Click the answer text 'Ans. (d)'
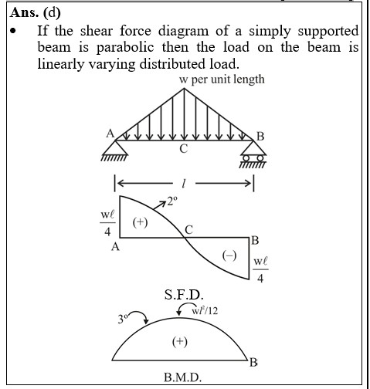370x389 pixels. pyautogui.click(x=36, y=12)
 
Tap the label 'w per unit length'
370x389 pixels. pyautogui.click(x=222, y=79)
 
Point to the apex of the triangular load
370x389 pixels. pyautogui.click(x=184, y=88)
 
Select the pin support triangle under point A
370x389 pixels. pyautogui.click(x=115, y=148)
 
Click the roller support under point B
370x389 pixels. pyautogui.click(x=253, y=152)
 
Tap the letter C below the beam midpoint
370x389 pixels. pyautogui.click(x=184, y=149)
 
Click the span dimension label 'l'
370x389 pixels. pyautogui.click(x=184, y=184)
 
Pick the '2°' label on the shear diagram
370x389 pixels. pyautogui.click(x=172, y=201)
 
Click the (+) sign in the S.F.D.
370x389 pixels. pyautogui.click(x=141, y=222)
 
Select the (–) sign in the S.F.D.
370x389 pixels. pyautogui.click(x=229, y=255)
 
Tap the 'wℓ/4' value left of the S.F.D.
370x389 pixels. pyautogui.click(x=107, y=223)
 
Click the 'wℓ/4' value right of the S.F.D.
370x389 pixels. pyautogui.click(x=260, y=269)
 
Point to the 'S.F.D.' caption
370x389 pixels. pyautogui.click(x=184, y=295)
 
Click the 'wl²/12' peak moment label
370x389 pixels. pyautogui.click(x=205, y=311)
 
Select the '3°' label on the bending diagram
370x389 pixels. pyautogui.click(x=123, y=319)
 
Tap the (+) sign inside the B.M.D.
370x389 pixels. pyautogui.click(x=180, y=342)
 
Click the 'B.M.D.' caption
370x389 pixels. pyautogui.click(x=182, y=377)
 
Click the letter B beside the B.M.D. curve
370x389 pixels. pyautogui.click(x=253, y=363)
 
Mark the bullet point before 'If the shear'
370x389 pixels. pyautogui.click(x=13, y=31)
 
